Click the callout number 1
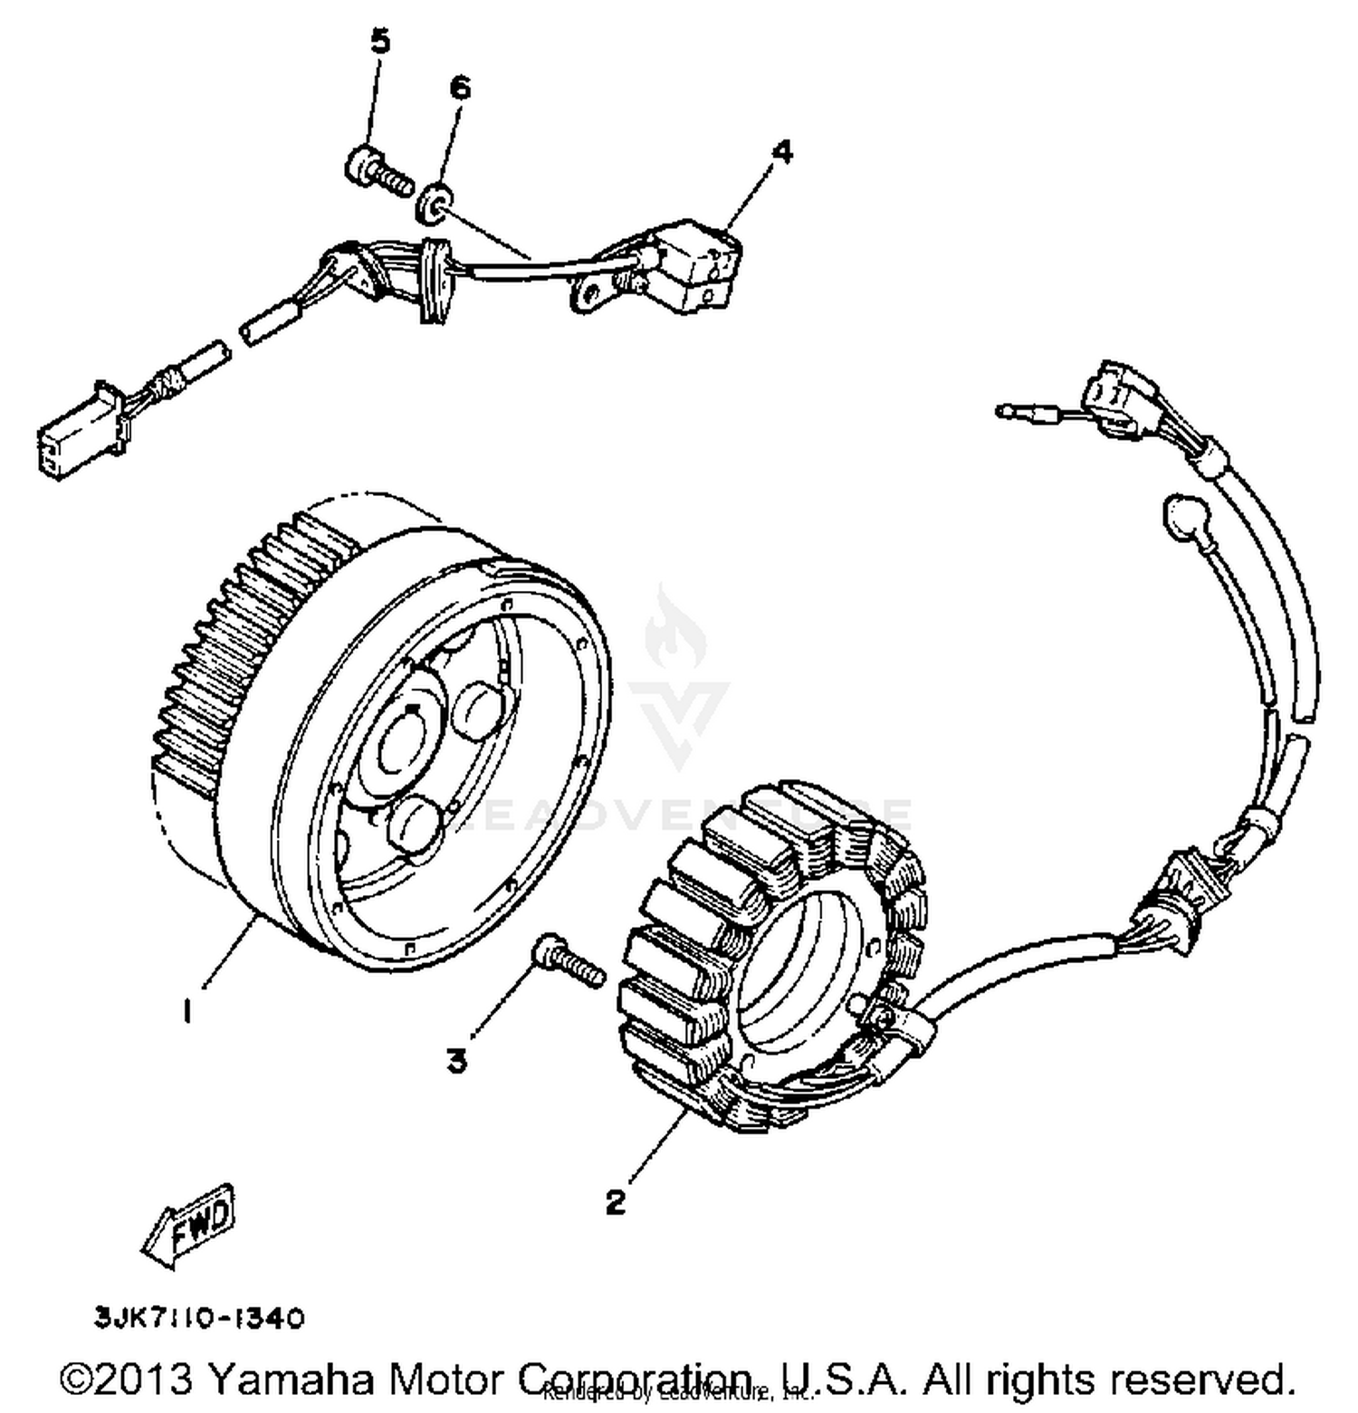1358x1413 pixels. [186, 1009]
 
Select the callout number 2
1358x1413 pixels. [616, 1202]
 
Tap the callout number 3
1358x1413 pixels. [457, 1060]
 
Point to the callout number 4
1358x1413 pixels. [782, 152]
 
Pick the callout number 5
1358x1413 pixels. [380, 42]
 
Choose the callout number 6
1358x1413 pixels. [460, 88]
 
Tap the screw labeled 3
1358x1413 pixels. [569, 962]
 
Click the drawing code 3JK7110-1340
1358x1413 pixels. [199, 1318]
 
